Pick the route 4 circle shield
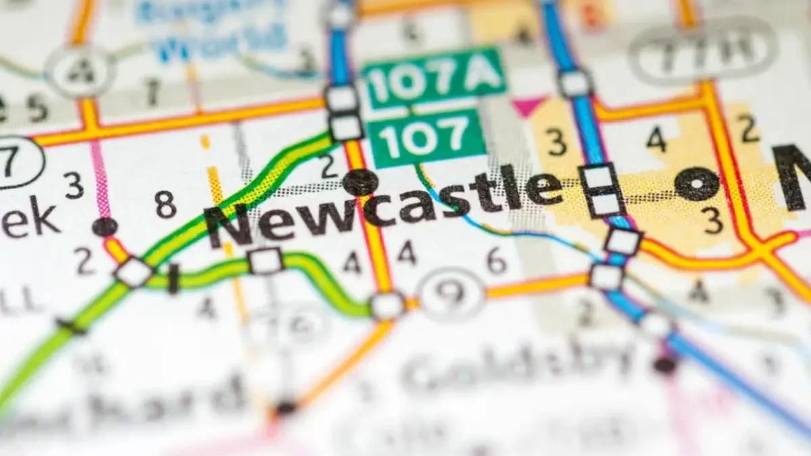80,70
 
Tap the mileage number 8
165,205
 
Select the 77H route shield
704,50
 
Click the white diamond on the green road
133,272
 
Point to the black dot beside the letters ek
105,227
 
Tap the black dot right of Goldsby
665,365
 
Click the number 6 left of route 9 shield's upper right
497,260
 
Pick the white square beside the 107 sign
347,128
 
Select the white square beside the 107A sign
341,99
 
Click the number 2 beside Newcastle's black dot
329,166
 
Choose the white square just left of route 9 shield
387,306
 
